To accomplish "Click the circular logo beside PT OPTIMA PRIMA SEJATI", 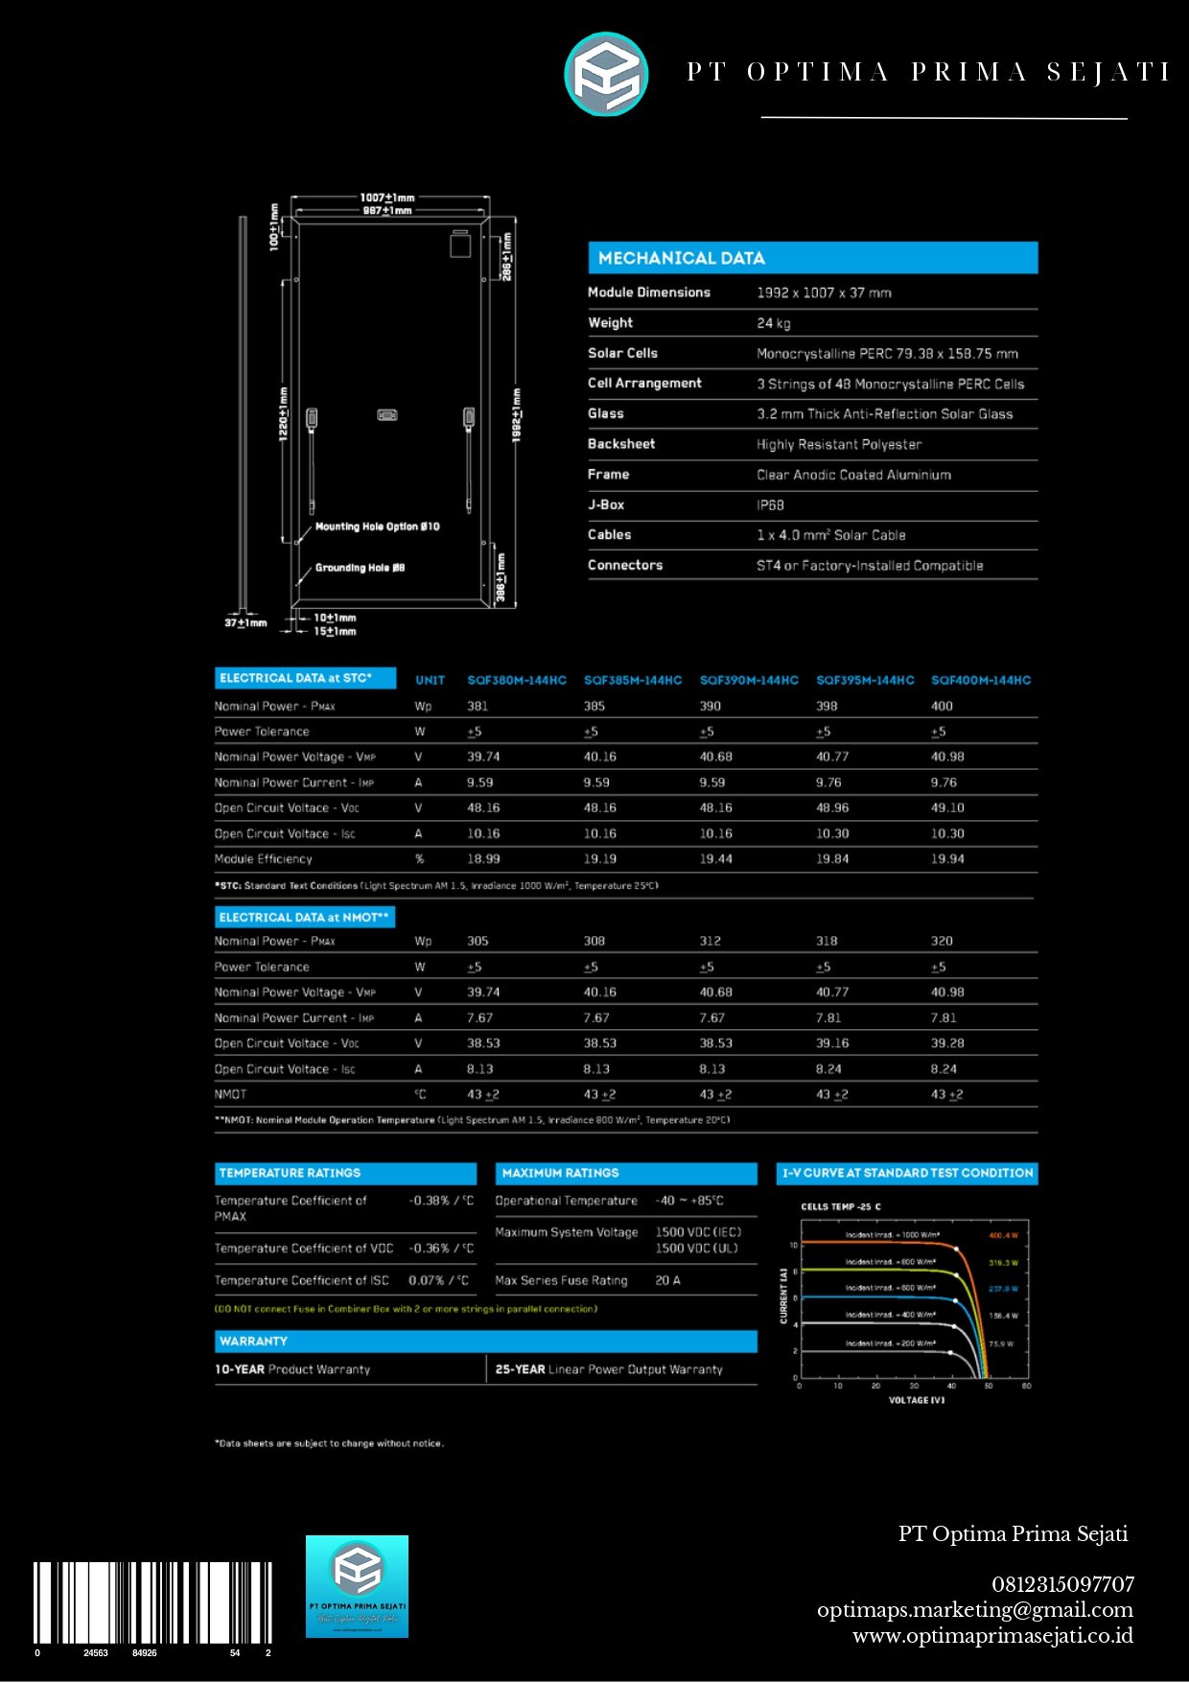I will click(x=606, y=74).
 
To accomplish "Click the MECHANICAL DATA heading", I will click(x=681, y=258).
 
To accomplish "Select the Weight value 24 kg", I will click(x=773, y=323).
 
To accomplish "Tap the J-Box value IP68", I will click(x=770, y=505).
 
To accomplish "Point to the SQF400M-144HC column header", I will click(x=980, y=680).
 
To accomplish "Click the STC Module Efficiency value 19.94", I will click(x=946, y=859).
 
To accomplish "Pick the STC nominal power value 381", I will click(x=478, y=706).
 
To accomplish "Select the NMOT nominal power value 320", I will click(x=942, y=941).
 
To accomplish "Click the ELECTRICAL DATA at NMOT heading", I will click(x=304, y=918).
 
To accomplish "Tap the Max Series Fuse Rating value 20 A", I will click(x=667, y=1280).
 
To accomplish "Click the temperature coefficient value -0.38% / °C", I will click(x=441, y=1201).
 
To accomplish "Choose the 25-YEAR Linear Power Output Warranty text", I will click(x=609, y=1369).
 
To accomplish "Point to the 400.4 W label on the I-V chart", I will click(x=1003, y=1235).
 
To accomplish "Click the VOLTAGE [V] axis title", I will click(x=916, y=1400).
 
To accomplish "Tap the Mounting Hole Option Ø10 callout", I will click(x=377, y=526).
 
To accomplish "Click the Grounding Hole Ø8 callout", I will click(x=360, y=568).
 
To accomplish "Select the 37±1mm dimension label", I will click(x=245, y=623).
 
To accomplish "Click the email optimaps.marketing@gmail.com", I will click(x=974, y=1610).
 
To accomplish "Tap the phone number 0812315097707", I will click(x=1062, y=1584).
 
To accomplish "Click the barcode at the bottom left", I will click(x=152, y=1603).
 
